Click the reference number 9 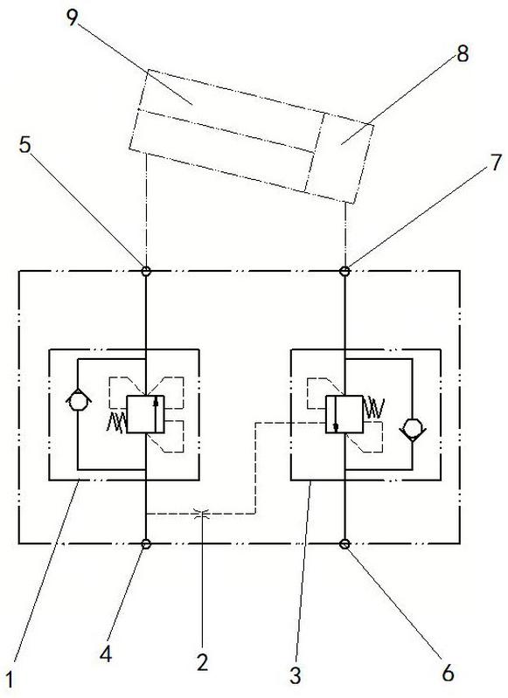pyautogui.click(x=72, y=17)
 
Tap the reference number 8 pyautogui.click(x=463, y=54)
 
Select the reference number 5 pyautogui.click(x=26, y=145)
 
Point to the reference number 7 pyautogui.click(x=496, y=162)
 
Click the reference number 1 pyautogui.click(x=10, y=680)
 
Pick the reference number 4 pyautogui.click(x=106, y=654)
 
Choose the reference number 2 pyautogui.click(x=202, y=662)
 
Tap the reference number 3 pyautogui.click(x=295, y=675)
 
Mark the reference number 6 pyautogui.click(x=448, y=672)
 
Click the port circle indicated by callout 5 pyautogui.click(x=146, y=271)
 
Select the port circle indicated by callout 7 pyautogui.click(x=344, y=271)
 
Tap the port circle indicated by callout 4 pyautogui.click(x=146, y=543)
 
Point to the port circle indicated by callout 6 pyautogui.click(x=344, y=543)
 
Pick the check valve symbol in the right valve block pyautogui.click(x=412, y=429)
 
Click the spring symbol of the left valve pyautogui.click(x=117, y=422)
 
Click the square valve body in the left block pyautogui.click(x=146, y=414)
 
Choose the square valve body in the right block pyautogui.click(x=344, y=414)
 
